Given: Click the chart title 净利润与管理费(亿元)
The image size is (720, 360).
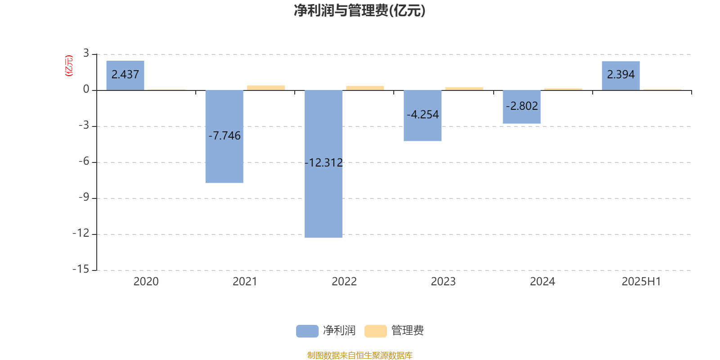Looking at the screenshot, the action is coord(360,11).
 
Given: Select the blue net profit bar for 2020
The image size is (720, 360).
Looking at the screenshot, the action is coord(126,76).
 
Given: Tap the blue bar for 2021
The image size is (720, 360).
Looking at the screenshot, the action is coord(225,137).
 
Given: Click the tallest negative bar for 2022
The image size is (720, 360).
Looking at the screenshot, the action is coord(324,164).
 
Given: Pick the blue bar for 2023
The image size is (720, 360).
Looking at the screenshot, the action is coord(423,116).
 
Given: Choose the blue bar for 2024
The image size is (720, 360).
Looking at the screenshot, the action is coord(522,107).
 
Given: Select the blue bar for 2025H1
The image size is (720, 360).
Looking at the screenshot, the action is coord(621,76).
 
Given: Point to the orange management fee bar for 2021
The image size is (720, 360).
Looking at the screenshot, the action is coord(266,88).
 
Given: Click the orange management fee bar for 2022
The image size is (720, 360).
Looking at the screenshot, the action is coord(365,88).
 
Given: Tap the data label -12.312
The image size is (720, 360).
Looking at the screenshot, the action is coord(324,162).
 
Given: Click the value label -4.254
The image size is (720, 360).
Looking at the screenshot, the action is coord(423,114).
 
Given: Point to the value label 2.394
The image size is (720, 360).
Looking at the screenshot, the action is coord(621,74).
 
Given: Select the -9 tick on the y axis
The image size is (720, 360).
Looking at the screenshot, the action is coord(84,198).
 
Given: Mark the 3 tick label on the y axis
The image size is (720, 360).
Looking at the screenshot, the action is coord(86,53).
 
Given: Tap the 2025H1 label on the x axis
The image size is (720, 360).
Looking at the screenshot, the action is coord(641,282).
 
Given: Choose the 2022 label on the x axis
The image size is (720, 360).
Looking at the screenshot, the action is coord(344,282).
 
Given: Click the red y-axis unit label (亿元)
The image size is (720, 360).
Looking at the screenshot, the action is coord(69,66).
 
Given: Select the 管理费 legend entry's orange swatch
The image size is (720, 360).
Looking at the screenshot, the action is coord(375,331).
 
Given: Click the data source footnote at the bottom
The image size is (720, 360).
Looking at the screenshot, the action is coord(360,355).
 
